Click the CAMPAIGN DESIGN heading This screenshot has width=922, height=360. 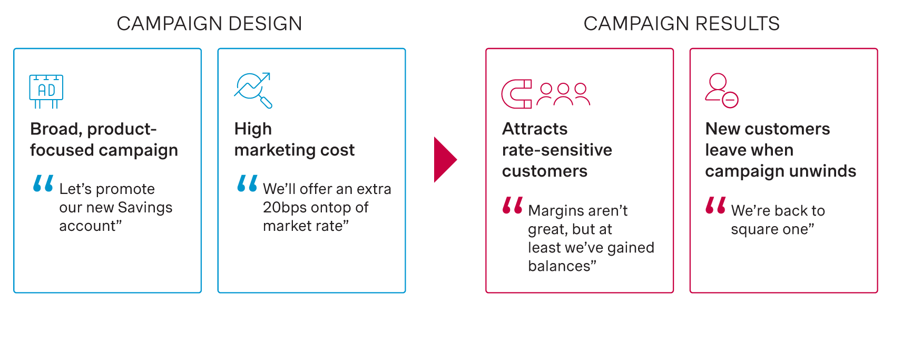pyautogui.click(x=209, y=24)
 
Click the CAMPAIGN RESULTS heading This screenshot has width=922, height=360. pyautogui.click(x=681, y=24)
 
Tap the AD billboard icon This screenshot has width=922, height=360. pyautogui.click(x=46, y=91)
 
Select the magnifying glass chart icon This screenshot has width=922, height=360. pyautogui.click(x=253, y=90)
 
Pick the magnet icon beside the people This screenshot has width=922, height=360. pyautogui.click(x=517, y=94)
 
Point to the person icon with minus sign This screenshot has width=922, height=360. pyautogui.click(x=721, y=91)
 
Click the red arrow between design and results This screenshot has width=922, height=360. pyautogui.click(x=445, y=160)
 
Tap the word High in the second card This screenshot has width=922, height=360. pyautogui.click(x=253, y=129)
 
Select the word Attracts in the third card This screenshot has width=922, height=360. pyautogui.click(x=535, y=129)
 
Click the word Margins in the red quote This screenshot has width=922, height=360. pyautogui.click(x=555, y=211)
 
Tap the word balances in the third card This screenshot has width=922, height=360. pyautogui.click(x=560, y=266)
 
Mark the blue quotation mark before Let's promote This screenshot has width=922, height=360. pyautogui.click(x=43, y=183)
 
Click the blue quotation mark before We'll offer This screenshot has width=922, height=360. pyautogui.click(x=247, y=183)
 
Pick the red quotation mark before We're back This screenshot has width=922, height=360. pyautogui.click(x=715, y=205)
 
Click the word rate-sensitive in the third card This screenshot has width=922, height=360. pyautogui.click(x=557, y=150)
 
